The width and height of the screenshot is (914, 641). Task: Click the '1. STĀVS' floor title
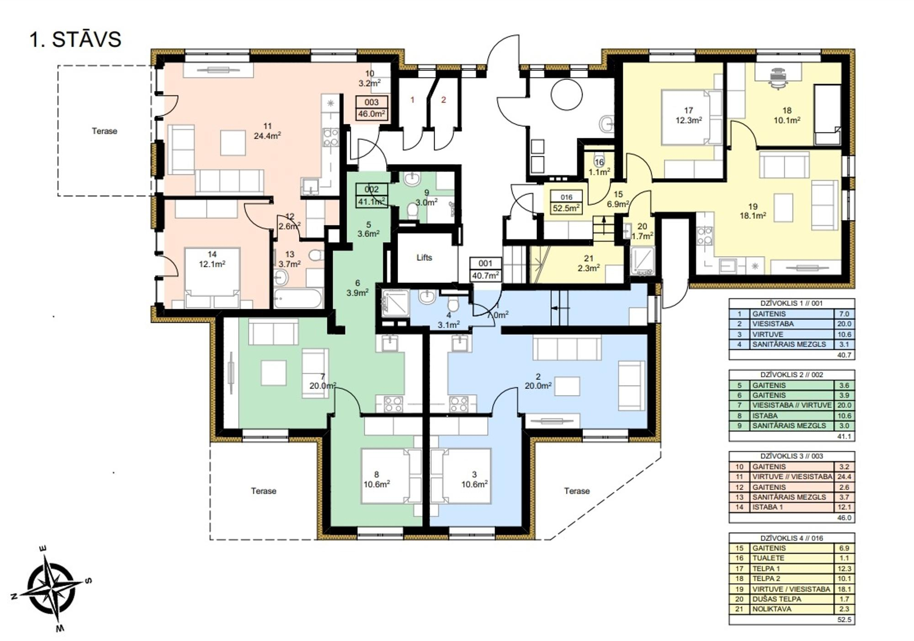(75, 39)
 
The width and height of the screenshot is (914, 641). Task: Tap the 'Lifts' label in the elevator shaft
(424, 258)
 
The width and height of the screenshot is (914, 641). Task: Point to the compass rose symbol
(51, 588)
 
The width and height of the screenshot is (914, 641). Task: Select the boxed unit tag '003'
(372, 103)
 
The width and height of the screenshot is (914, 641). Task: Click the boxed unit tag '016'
(566, 197)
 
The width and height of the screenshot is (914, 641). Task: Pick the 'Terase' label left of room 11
(104, 131)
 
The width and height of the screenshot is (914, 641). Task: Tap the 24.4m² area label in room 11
(267, 136)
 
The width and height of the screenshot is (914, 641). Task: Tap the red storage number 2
(443, 100)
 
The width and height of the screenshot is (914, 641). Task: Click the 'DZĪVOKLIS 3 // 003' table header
(792, 456)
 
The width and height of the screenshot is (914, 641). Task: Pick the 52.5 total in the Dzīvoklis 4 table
(845, 620)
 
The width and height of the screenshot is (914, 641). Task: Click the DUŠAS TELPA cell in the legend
(777, 599)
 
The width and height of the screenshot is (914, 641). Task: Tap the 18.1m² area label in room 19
(753, 216)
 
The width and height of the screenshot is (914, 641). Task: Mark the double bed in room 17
(689, 117)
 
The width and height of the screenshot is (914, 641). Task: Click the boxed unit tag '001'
(485, 264)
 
